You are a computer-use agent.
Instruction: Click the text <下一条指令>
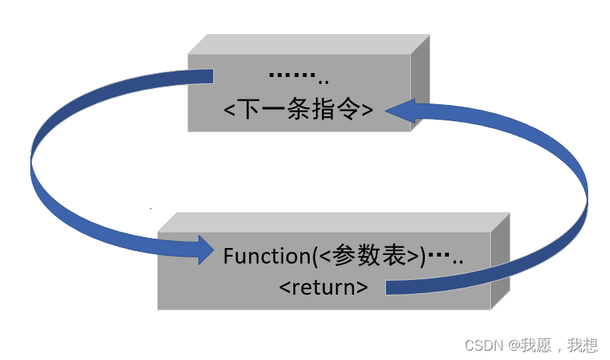[299, 110]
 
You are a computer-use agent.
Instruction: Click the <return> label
[324, 286]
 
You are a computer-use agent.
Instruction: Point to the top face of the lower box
[335, 222]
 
